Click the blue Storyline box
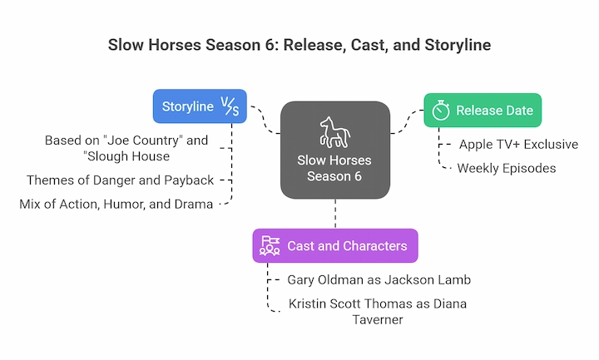point(200,106)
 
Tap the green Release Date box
point(483,111)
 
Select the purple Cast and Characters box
point(334,245)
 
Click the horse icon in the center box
point(335,131)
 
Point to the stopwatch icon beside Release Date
point(441,111)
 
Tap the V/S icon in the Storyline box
point(228,106)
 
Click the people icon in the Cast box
point(270,245)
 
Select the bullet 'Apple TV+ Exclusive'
point(518,145)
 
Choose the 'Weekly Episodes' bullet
point(507,168)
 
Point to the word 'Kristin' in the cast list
point(307,303)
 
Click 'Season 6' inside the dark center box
point(334,176)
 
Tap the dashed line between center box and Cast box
point(335,215)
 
